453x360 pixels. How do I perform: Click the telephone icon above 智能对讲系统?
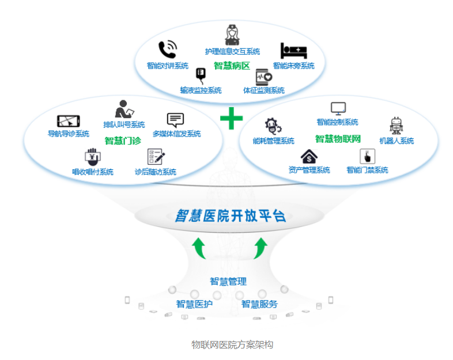click(167, 50)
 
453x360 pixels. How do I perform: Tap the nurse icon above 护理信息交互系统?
click(232, 34)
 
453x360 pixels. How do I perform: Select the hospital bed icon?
click(294, 51)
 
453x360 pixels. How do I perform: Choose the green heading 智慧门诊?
click(123, 141)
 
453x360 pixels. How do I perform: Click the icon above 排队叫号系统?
click(124, 109)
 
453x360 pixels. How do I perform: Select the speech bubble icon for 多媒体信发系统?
click(175, 120)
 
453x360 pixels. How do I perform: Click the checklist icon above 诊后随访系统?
click(156, 157)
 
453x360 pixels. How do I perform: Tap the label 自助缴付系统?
click(93, 172)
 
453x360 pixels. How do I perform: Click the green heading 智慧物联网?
click(338, 139)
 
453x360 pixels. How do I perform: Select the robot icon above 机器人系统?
click(396, 125)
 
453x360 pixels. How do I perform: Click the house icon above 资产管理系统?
click(309, 156)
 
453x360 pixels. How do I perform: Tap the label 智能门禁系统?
click(367, 170)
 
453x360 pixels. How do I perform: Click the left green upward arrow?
click(199, 247)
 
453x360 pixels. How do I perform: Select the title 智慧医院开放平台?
click(231, 216)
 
